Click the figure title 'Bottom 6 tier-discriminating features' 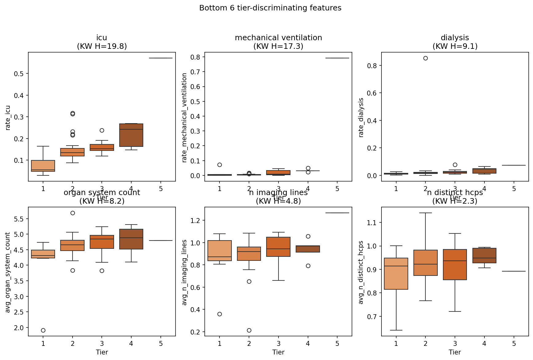(x=270, y=8)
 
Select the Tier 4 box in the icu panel (x=131, y=135)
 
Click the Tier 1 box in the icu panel (x=43, y=166)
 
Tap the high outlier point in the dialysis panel (x=425, y=58)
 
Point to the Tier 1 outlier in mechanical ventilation (x=219, y=165)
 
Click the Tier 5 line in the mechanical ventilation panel (x=337, y=58)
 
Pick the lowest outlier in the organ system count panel (x=43, y=330)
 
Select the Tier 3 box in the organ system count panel (x=102, y=242)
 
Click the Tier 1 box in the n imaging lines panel (x=219, y=251)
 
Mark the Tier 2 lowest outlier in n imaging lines (x=249, y=330)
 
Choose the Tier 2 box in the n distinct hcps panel (x=425, y=263)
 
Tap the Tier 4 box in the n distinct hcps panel (x=484, y=256)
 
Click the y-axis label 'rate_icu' (x=8, y=118)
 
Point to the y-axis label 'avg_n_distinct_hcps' (x=361, y=272)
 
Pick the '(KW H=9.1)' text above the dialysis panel (x=455, y=46)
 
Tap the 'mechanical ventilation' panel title (x=278, y=38)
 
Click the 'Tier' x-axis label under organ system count (x=102, y=352)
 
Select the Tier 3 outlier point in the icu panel (x=102, y=130)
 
